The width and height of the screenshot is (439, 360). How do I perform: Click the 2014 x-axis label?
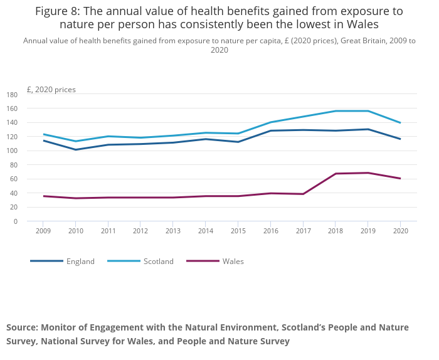pos(205,231)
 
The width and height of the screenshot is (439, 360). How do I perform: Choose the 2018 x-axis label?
pos(336,231)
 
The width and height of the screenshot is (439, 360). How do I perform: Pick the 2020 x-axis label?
pos(401,231)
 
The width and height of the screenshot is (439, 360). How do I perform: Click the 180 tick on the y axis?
pos(12,95)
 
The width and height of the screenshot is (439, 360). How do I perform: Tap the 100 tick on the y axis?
pos(12,151)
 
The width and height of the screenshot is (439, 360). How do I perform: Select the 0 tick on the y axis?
pos(16,221)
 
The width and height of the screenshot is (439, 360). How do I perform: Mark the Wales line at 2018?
pos(336,174)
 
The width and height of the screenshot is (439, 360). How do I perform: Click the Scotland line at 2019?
pos(368,111)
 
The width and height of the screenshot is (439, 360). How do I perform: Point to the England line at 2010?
pos(75,149)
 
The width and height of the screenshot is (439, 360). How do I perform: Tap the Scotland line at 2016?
pos(270,122)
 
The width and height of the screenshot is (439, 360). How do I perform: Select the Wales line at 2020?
pos(400,178)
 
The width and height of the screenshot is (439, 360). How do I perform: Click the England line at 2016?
pos(270,130)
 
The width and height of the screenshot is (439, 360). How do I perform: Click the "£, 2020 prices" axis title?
pos(51,90)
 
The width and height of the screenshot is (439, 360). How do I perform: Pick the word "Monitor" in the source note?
pos(59,327)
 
